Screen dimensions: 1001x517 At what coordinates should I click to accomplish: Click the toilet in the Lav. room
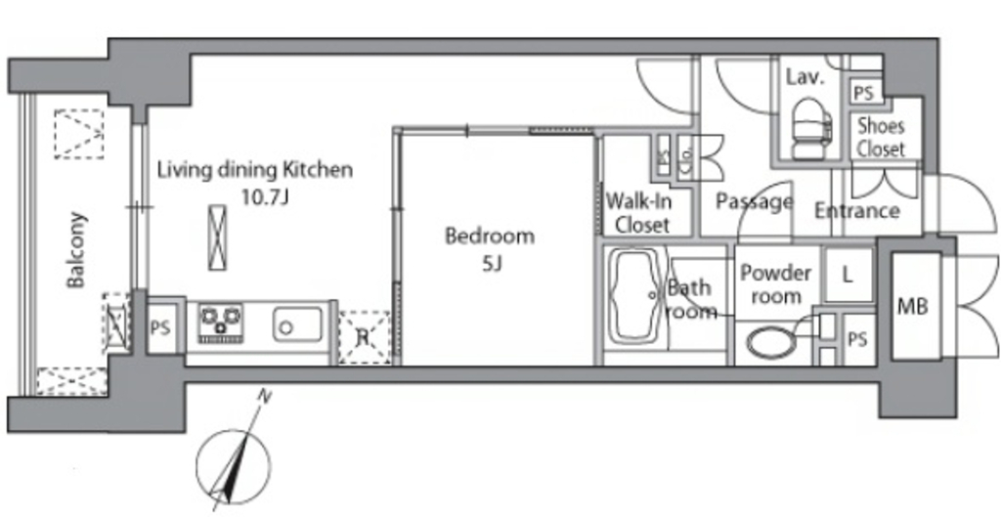coord(811,128)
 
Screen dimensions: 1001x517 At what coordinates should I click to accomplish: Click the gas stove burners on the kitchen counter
coord(220,323)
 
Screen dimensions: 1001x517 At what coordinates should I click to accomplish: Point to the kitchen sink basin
coord(298,323)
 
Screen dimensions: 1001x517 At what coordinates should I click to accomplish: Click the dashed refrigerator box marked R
coord(364,337)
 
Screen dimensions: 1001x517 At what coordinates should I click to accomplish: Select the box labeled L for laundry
coord(848,275)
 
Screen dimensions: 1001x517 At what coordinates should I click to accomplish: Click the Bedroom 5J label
coord(490,249)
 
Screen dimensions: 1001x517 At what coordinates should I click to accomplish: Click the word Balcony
coord(76,249)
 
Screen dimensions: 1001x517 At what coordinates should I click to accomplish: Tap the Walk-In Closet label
coord(638,212)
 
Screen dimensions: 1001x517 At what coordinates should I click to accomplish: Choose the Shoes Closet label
coord(881,137)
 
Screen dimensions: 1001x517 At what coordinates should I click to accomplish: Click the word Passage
coord(754,201)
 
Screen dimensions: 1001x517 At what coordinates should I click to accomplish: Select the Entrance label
coord(856,211)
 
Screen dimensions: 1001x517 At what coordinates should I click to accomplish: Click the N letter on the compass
coord(262,397)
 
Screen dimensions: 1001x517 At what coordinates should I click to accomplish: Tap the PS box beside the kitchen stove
coord(161,328)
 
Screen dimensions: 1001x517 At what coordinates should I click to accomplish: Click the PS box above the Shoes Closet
coord(863,94)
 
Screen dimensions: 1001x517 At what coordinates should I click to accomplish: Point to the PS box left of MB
coord(858,340)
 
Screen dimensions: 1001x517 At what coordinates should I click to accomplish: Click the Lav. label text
coord(805,78)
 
